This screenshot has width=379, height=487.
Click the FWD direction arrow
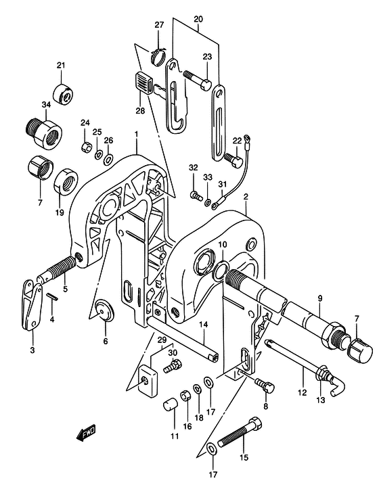[86, 433]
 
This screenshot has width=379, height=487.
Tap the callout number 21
[61, 65]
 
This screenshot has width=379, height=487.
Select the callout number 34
[46, 105]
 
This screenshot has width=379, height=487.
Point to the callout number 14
[203, 325]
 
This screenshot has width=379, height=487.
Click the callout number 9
[320, 298]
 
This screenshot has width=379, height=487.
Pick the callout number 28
[140, 110]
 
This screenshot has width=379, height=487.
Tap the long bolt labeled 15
[239, 432]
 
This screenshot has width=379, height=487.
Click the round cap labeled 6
[105, 310]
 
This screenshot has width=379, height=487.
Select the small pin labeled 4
[52, 296]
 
